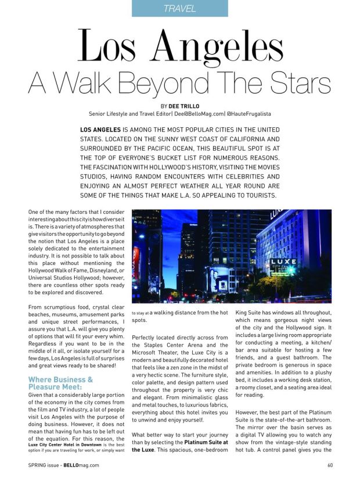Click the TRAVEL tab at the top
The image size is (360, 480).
[179, 8]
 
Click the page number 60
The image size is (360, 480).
[329, 465]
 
